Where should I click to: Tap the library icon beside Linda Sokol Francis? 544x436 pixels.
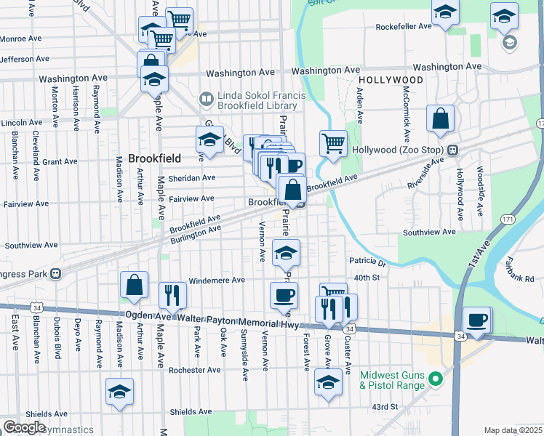tap(207, 97)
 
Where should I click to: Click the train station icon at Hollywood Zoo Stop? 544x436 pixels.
tap(452, 150)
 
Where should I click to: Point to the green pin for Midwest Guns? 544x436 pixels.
tap(435, 379)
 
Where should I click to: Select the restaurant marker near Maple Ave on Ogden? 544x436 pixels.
tap(172, 295)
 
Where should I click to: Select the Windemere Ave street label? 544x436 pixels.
tap(216, 280)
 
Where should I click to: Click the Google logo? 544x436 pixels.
tap(24, 427)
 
